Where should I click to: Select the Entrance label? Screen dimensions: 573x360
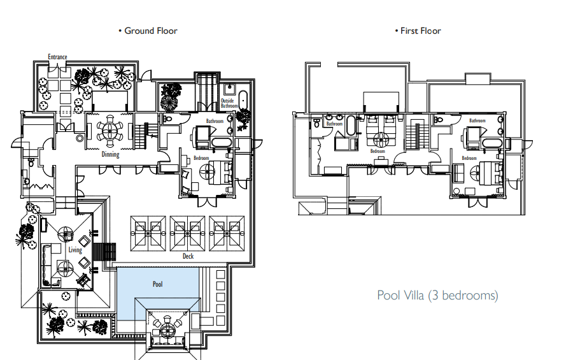(x=58, y=57)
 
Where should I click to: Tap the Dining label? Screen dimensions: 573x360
(x=110, y=154)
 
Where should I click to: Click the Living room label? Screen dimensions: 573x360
(x=75, y=250)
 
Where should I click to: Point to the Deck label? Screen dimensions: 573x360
(x=188, y=256)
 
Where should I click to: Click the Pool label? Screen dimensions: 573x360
(x=157, y=284)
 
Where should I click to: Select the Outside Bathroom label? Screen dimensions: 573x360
(x=229, y=103)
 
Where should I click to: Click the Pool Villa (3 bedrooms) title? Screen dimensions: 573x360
(x=437, y=295)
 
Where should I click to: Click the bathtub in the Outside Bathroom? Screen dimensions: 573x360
(x=243, y=100)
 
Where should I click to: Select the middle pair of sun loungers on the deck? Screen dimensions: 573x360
(x=187, y=233)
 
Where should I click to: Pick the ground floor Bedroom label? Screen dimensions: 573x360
(x=201, y=158)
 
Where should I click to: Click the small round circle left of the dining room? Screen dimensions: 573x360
(x=80, y=138)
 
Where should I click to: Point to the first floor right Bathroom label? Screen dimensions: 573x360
(x=478, y=120)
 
